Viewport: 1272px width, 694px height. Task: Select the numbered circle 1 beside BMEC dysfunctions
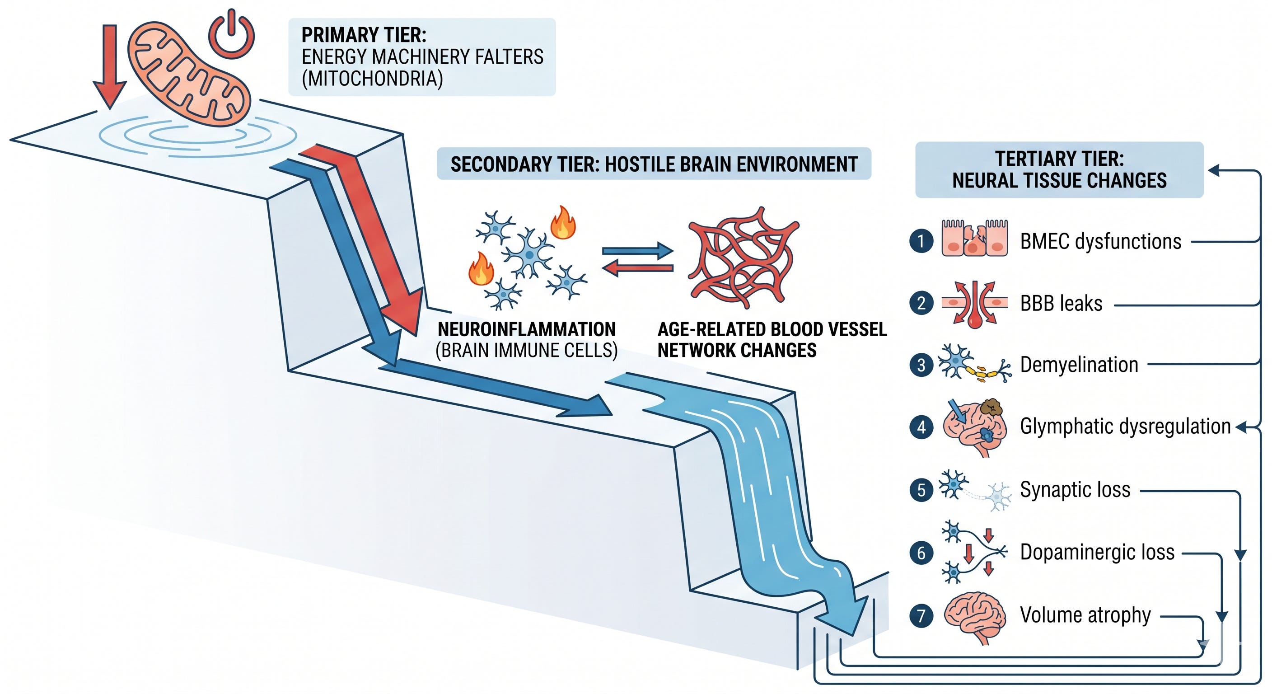[921, 242]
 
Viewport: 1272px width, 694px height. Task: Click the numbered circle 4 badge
[921, 427]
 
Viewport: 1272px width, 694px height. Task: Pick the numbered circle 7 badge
[921, 615]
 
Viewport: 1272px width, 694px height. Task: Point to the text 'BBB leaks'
[1061, 303]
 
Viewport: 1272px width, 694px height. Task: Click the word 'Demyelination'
[1079, 365]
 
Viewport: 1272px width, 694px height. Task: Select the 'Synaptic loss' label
[1075, 490]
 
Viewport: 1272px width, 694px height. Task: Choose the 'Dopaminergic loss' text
[1097, 553]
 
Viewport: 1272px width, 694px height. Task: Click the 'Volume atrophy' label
[1085, 615]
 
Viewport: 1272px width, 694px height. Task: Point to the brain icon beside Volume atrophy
[975, 618]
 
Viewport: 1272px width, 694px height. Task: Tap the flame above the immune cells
[563, 223]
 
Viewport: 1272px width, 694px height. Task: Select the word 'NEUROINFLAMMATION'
[526, 329]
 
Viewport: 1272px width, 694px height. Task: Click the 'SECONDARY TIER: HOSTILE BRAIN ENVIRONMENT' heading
[654, 164]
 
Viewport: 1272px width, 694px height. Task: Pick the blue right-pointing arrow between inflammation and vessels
[637, 251]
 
